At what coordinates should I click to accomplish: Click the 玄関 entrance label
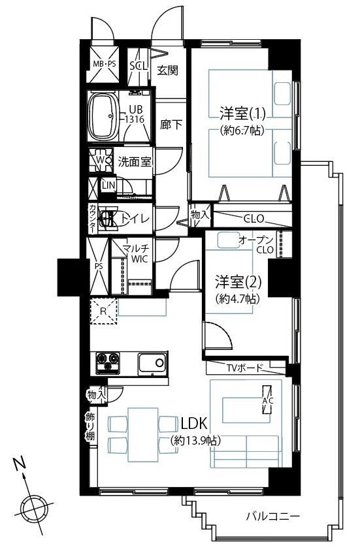167,71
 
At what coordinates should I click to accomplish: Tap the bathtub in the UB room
103,116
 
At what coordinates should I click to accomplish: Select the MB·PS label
104,64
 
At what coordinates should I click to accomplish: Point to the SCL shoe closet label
137,66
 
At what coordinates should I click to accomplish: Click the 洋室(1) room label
242,114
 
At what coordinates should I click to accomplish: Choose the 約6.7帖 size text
242,131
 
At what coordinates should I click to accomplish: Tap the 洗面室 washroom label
135,162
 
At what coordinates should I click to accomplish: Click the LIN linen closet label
108,185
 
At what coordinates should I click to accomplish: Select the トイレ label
135,218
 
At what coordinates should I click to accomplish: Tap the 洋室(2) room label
238,282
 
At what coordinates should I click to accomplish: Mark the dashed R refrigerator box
103,311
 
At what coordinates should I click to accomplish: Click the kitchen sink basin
152,363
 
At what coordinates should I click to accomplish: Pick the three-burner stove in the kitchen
107,363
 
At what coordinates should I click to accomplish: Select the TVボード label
245,368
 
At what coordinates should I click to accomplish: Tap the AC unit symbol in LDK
267,400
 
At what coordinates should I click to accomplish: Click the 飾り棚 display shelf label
90,426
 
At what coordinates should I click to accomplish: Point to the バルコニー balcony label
273,516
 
